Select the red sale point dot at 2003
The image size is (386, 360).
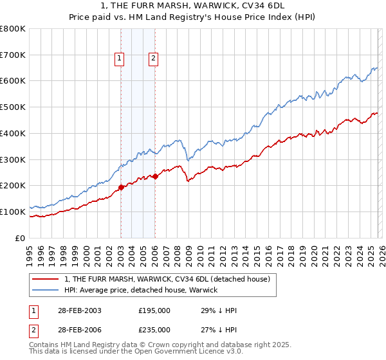click(x=121, y=188)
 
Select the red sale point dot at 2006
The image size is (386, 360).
click(x=155, y=176)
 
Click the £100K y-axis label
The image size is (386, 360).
click(x=14, y=212)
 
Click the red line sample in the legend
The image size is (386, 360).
click(x=46, y=279)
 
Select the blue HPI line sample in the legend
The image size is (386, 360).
click(x=46, y=290)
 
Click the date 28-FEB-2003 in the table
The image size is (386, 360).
click(x=78, y=310)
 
